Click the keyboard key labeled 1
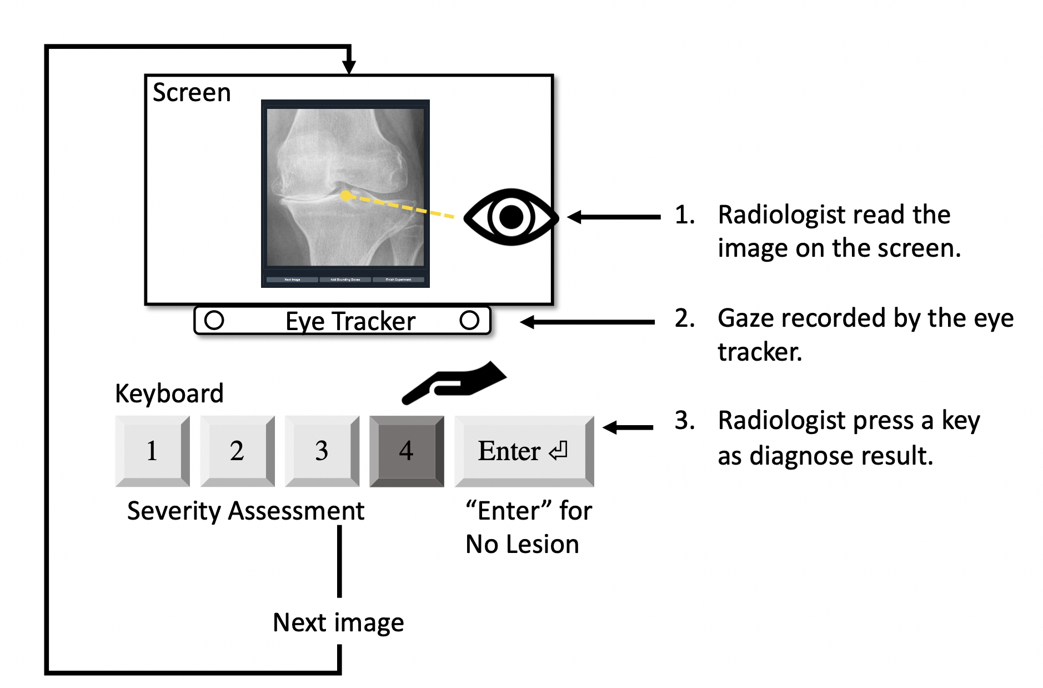[152, 451]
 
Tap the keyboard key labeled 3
[322, 451]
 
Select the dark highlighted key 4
[407, 451]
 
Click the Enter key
[524, 451]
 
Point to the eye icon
[510, 217]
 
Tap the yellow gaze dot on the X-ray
[345, 196]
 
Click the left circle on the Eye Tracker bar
[214, 320]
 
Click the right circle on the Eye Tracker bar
[469, 320]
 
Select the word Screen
[192, 92]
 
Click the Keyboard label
[169, 393]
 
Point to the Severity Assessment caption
[245, 511]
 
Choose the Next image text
[338, 622]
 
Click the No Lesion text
[522, 544]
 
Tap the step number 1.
[684, 215]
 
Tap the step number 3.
[684, 421]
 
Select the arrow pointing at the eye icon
[614, 217]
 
